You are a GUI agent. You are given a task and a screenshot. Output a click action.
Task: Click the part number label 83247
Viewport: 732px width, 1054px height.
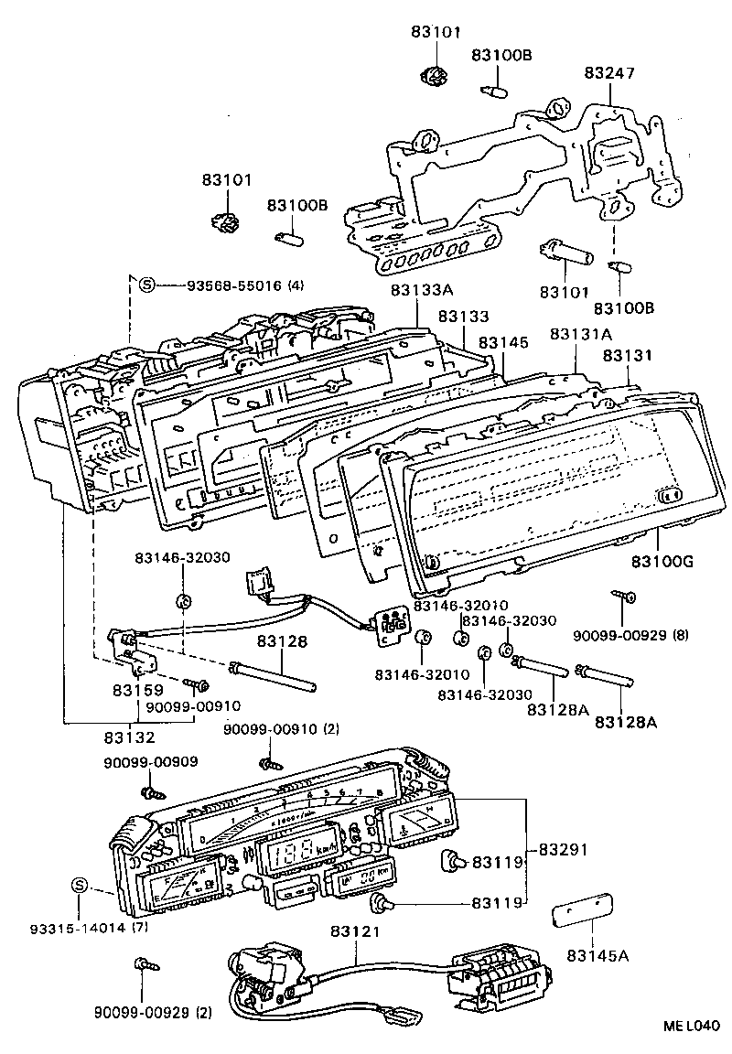611,72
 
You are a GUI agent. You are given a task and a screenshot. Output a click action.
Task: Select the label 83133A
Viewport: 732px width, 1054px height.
421,290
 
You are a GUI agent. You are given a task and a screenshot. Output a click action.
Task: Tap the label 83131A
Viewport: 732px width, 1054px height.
581,335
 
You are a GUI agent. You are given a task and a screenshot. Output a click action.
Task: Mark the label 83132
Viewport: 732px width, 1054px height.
128,737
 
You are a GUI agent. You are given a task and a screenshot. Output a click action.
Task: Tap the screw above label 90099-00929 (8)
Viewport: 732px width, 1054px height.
626,597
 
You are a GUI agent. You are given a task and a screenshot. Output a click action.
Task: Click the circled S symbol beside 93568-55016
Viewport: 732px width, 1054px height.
147,284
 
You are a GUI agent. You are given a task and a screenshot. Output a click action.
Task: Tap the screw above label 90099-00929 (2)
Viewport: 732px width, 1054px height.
142,964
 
